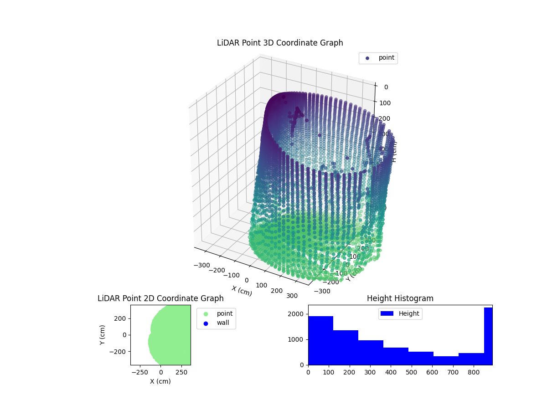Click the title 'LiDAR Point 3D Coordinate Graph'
tap(280, 43)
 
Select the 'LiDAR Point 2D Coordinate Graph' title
tap(160, 298)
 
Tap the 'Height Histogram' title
tap(400, 298)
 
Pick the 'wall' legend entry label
tap(222, 323)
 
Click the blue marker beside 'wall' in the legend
tap(206, 323)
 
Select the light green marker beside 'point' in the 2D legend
tap(206, 314)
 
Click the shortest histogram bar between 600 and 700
tap(446, 360)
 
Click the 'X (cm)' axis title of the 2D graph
tap(160, 381)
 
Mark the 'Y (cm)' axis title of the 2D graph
tap(103, 335)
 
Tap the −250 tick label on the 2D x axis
tap(139, 372)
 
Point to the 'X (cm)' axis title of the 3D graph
tap(242, 291)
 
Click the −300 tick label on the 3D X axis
tap(201, 265)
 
